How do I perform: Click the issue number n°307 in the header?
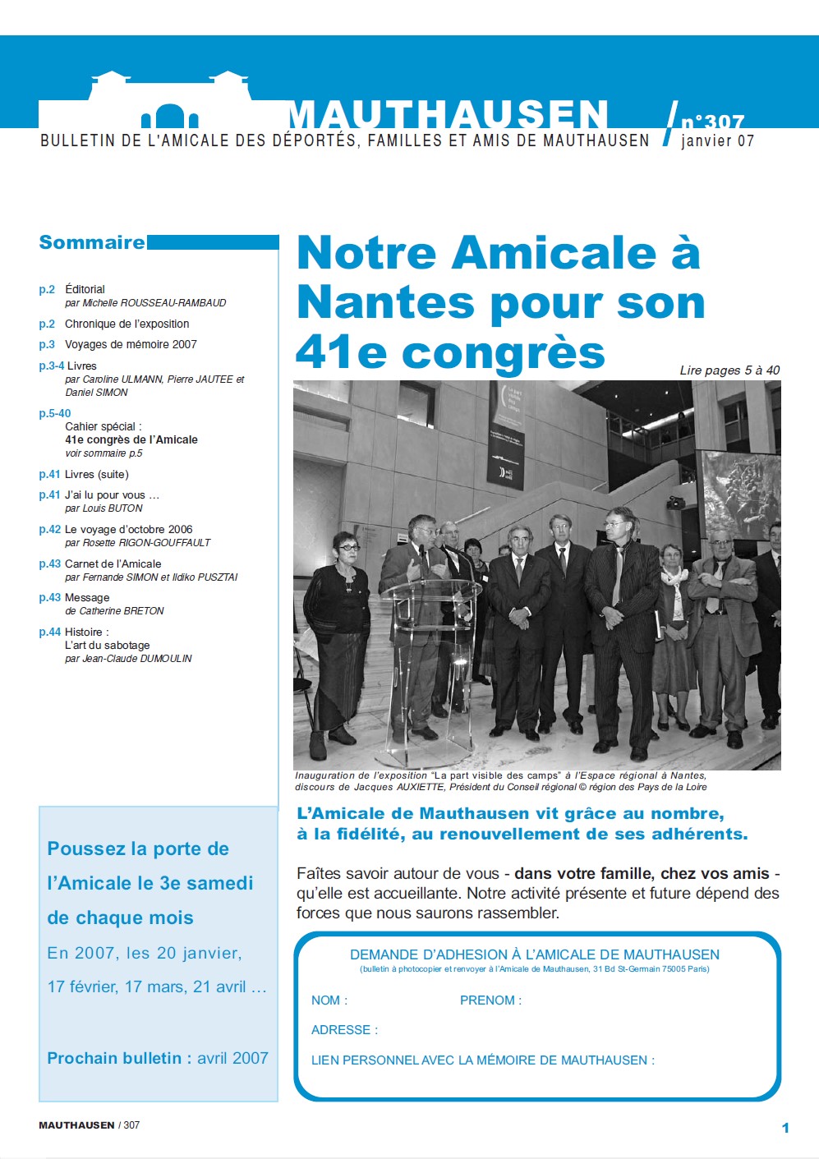tap(712, 122)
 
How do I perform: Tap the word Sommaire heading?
tap(92, 242)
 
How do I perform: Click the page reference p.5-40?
tap(54, 413)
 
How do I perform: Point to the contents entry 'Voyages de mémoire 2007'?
tap(131, 344)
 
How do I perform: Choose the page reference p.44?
tap(49, 632)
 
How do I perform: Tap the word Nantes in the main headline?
tap(385, 302)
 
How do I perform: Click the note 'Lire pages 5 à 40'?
tap(729, 370)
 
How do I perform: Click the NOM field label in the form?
tap(329, 1000)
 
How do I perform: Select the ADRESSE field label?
tap(344, 1030)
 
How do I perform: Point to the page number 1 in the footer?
tap(785, 1128)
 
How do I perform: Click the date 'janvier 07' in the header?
tap(717, 141)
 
